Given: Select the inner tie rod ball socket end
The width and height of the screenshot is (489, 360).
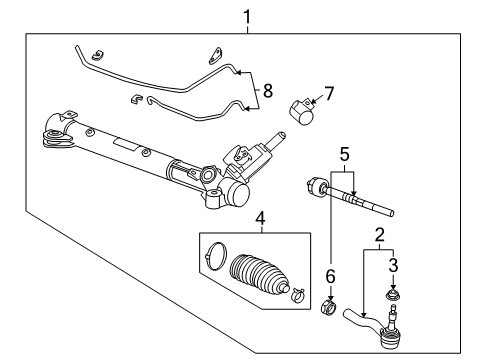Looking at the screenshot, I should (x=315, y=187).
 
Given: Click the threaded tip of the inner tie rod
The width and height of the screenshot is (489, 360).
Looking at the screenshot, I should (x=388, y=212).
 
